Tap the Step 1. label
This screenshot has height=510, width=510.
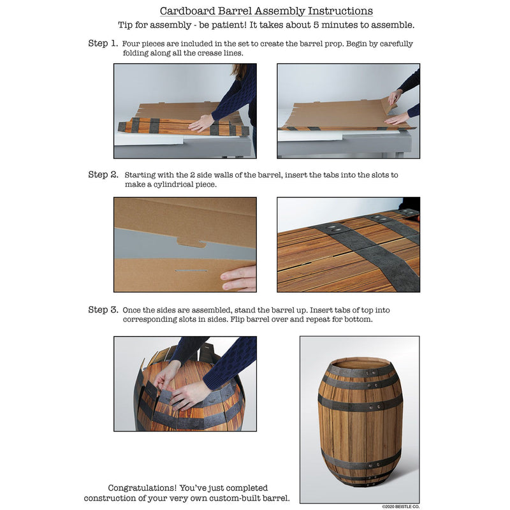click(103, 43)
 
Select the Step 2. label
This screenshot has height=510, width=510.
click(103, 175)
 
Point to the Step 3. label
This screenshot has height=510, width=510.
click(103, 310)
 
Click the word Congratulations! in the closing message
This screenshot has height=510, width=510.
click(142, 488)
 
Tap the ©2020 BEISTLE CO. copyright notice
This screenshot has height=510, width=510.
click(401, 506)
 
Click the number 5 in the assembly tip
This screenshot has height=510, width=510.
click(316, 25)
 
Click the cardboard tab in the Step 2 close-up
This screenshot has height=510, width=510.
click(191, 242)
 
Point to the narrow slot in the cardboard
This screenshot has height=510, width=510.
click(191, 270)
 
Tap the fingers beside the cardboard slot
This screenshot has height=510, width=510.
click(238, 278)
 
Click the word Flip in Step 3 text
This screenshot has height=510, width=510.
click(237, 319)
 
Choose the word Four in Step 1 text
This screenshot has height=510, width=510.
click(131, 43)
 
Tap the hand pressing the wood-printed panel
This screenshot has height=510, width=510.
click(202, 123)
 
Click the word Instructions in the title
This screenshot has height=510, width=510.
click(340, 11)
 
